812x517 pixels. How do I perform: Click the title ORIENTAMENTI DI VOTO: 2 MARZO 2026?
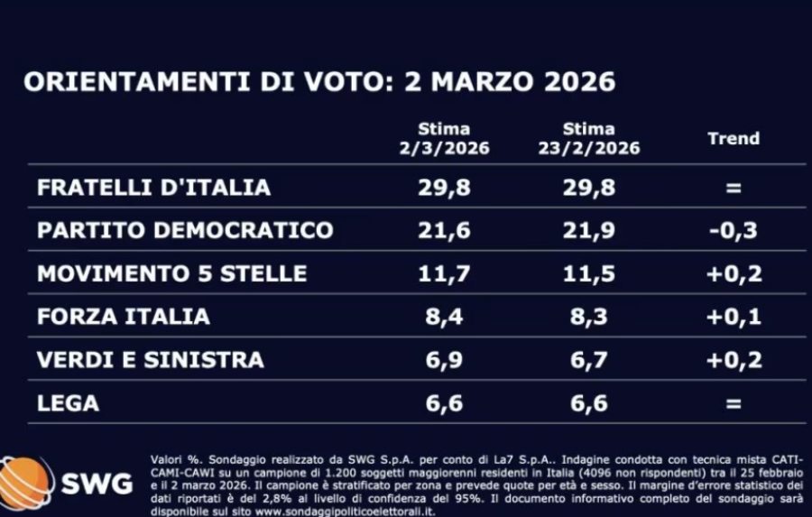click(x=319, y=82)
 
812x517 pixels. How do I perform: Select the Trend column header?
click(x=733, y=139)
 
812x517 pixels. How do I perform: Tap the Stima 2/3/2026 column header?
click(x=444, y=139)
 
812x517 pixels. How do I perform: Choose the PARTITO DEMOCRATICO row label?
click(x=185, y=230)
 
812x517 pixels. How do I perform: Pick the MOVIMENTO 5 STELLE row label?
click(x=171, y=272)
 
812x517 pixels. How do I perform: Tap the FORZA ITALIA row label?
click(x=123, y=316)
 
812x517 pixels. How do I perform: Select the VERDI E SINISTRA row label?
click(x=150, y=359)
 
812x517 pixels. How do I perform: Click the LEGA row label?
click(x=68, y=402)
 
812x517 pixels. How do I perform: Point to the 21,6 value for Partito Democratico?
click(x=444, y=230)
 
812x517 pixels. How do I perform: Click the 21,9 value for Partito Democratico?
click(x=588, y=230)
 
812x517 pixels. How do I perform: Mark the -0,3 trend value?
click(x=733, y=230)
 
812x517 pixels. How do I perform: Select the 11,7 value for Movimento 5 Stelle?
click(x=444, y=272)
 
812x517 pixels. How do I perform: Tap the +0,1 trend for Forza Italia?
click(x=733, y=316)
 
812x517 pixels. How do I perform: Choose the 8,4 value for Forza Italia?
click(x=444, y=316)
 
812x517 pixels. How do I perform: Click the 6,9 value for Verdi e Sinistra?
click(x=444, y=359)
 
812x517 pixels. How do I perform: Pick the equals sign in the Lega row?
click(x=733, y=402)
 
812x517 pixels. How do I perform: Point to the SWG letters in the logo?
click(x=97, y=485)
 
